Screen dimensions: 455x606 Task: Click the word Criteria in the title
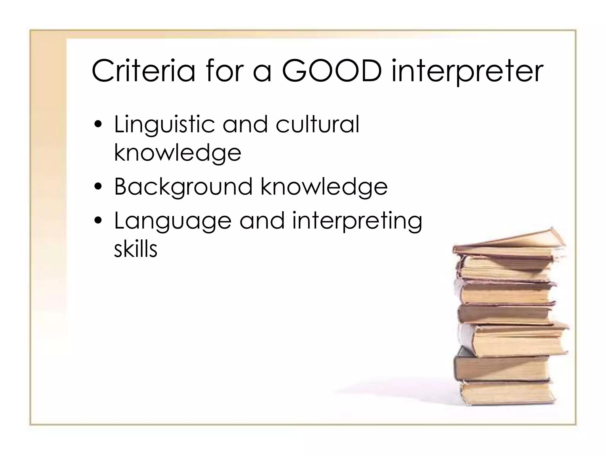coord(144,71)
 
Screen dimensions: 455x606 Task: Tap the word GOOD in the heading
coord(331,71)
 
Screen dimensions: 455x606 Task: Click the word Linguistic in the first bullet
coord(164,124)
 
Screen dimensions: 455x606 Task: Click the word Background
coord(183,187)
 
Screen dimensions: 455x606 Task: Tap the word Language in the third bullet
coord(173,222)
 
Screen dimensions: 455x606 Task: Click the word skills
coord(136,249)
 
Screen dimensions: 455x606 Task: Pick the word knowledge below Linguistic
coord(178,153)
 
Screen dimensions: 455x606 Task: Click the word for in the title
coord(224,71)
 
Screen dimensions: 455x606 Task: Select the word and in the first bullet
coord(245,124)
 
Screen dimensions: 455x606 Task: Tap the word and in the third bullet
coord(262,221)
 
